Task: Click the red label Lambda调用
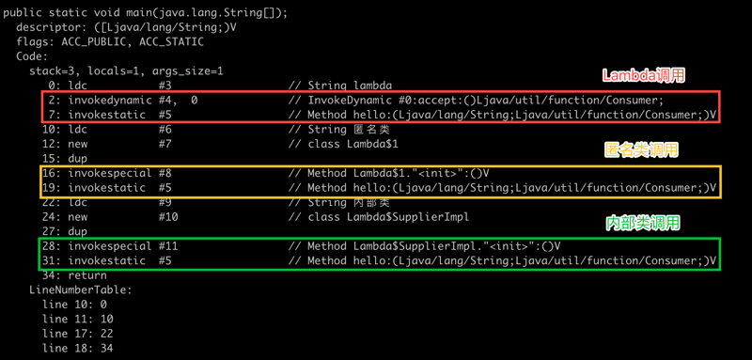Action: (644, 76)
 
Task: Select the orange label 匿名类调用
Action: (641, 150)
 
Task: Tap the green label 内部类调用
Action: (643, 224)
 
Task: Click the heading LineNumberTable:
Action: (81, 290)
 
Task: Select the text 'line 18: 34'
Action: (78, 349)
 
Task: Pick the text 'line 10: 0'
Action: (74, 305)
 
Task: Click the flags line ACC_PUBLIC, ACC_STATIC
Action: (110, 41)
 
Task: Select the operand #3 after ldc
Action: (164, 86)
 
